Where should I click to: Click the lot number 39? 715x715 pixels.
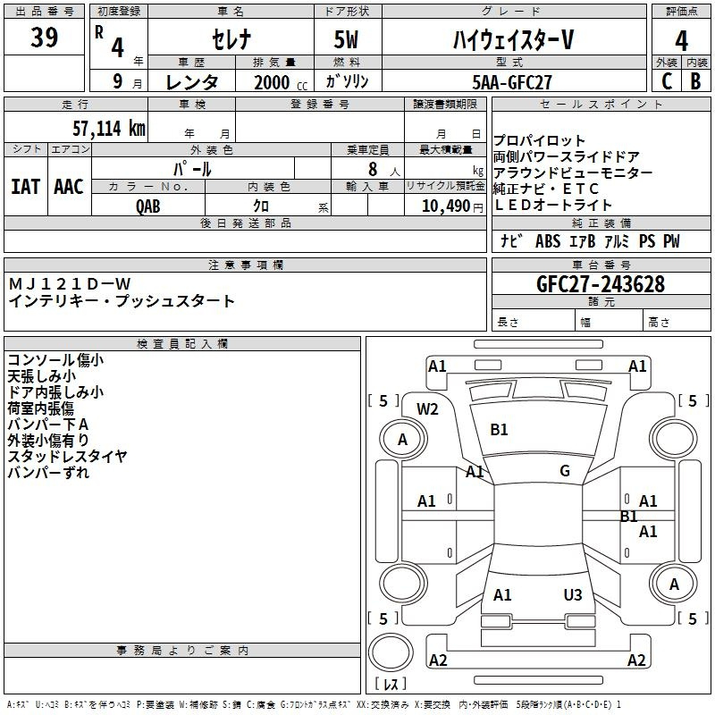pyautogui.click(x=44, y=38)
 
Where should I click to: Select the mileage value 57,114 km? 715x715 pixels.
pyautogui.click(x=109, y=129)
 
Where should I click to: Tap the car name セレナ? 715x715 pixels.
pyautogui.click(x=231, y=39)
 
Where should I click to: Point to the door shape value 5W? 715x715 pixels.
pyautogui.click(x=346, y=39)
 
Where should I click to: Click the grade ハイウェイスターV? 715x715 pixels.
pyautogui.click(x=513, y=39)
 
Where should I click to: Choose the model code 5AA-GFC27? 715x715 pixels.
pyautogui.click(x=512, y=82)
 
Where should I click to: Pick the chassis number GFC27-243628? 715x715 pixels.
pyautogui.click(x=601, y=284)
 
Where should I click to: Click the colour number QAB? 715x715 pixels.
pyautogui.click(x=148, y=206)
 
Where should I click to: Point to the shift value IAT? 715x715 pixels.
pyautogui.click(x=25, y=187)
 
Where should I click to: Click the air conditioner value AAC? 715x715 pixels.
pyautogui.click(x=69, y=187)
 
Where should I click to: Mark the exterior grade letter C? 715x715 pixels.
pyautogui.click(x=667, y=81)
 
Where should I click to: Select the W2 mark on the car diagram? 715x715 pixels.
pyautogui.click(x=427, y=409)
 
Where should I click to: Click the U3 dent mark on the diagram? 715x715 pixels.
pyautogui.click(x=573, y=594)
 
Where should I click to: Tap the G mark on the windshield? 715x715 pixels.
pyautogui.click(x=565, y=470)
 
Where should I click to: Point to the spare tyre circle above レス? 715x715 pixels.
pyautogui.click(x=391, y=652)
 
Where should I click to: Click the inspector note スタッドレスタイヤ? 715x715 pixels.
pyautogui.click(x=67, y=456)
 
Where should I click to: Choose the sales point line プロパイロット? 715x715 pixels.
pyautogui.click(x=539, y=140)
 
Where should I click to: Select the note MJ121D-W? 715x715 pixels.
pyautogui.click(x=70, y=284)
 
